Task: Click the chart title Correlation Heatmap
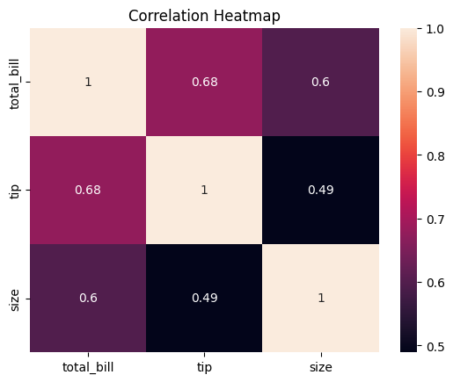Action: tap(204, 15)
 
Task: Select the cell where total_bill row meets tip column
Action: tap(204, 83)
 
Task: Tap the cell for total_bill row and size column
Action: tap(320, 83)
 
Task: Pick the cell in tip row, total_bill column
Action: tap(88, 191)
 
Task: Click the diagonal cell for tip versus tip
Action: tap(204, 191)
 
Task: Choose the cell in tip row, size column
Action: tap(320, 191)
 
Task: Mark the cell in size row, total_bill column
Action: tap(88, 299)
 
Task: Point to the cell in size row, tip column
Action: tap(204, 299)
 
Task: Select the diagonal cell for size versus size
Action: tap(320, 299)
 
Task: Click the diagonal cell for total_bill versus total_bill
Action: tap(88, 83)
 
